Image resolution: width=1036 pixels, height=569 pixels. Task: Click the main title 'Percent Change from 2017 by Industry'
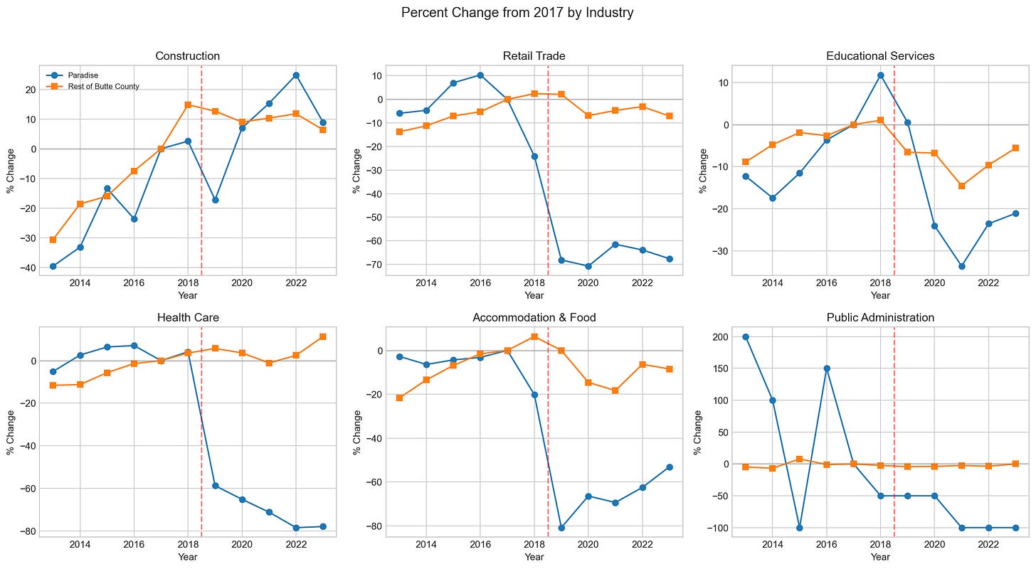(x=517, y=13)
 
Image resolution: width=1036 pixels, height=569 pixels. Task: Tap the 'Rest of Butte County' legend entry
(x=92, y=87)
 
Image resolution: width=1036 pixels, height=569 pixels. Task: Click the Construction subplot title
(x=187, y=56)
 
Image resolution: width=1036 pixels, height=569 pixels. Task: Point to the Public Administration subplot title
(x=880, y=317)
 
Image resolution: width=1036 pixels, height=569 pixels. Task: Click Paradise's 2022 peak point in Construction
(x=296, y=75)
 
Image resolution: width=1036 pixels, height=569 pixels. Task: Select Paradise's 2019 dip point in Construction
(x=215, y=200)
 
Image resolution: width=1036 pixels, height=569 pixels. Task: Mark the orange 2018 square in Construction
(x=188, y=105)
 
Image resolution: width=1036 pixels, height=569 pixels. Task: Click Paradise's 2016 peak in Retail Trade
(x=480, y=75)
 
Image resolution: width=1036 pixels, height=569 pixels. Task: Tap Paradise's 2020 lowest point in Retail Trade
(x=588, y=266)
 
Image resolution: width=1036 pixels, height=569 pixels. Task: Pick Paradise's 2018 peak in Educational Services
(x=881, y=75)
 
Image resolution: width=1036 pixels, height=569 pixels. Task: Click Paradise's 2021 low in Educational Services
(x=961, y=266)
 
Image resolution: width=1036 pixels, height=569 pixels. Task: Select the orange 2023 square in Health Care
(x=323, y=337)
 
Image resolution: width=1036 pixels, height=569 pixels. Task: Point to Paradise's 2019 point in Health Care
(x=215, y=486)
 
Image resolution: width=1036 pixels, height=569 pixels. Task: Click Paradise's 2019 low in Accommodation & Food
(x=561, y=528)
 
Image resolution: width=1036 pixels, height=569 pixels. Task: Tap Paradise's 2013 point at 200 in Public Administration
(x=746, y=337)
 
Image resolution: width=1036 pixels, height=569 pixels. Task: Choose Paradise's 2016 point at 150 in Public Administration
(x=827, y=368)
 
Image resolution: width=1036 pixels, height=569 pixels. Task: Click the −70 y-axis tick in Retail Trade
(x=374, y=265)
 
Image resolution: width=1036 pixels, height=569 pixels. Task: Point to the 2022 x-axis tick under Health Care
(x=296, y=545)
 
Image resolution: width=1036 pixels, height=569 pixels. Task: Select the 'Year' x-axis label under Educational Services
(x=880, y=295)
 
